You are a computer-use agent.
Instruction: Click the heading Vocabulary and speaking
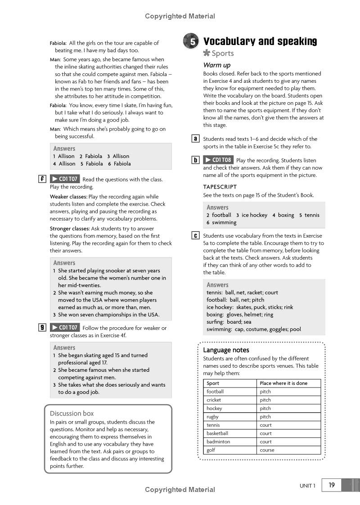click(260, 41)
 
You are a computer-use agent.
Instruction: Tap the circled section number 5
click(191, 41)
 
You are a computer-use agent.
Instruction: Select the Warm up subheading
click(217, 65)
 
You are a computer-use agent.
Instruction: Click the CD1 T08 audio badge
click(218, 160)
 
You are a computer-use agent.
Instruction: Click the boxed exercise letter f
click(42, 179)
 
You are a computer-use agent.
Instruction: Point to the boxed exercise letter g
click(42, 328)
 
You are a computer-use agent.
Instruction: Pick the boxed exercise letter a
click(196, 139)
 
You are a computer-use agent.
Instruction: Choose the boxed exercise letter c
click(196, 235)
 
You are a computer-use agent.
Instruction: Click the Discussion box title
click(72, 413)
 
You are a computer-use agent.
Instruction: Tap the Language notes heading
click(226, 350)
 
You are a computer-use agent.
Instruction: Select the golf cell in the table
click(211, 450)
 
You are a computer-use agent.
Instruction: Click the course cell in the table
click(267, 450)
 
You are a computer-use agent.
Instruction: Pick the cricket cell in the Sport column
click(214, 400)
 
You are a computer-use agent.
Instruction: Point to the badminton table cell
click(218, 442)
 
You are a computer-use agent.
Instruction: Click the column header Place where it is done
click(283, 383)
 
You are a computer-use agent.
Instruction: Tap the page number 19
click(332, 485)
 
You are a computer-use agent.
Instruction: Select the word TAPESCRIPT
click(220, 187)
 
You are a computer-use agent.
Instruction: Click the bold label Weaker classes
click(68, 197)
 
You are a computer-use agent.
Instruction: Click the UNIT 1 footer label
click(308, 486)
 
